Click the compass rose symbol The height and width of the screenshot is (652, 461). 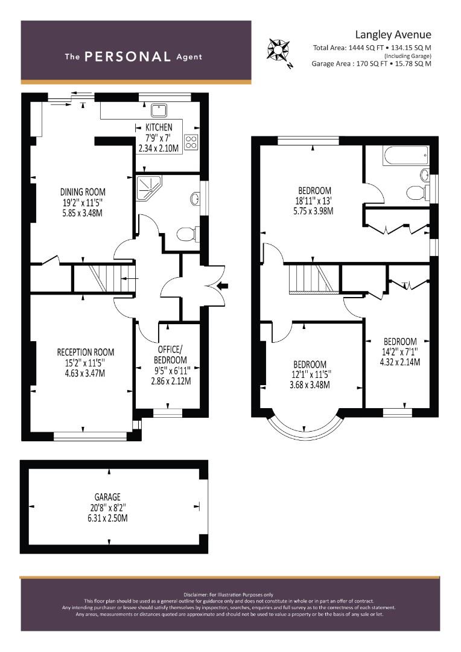coord(278,50)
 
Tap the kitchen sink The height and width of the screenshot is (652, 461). coord(159,110)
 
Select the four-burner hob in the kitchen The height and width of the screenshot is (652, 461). coord(191,142)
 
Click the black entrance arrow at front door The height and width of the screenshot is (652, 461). coord(223,285)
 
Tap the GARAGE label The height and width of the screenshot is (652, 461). coord(107,497)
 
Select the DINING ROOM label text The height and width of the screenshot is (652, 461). coord(83,192)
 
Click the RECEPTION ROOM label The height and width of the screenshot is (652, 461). coord(85,352)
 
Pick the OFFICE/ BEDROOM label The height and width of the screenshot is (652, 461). coord(170,355)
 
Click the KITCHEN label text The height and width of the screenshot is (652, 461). coord(159,127)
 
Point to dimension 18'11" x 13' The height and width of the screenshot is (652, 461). coord(313,201)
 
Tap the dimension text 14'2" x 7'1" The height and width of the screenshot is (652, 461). coord(400,352)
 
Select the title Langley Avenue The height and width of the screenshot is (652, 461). coord(393,34)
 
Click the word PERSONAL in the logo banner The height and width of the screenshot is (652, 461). coord(127,57)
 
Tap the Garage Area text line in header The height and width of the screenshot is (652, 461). coord(371,63)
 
